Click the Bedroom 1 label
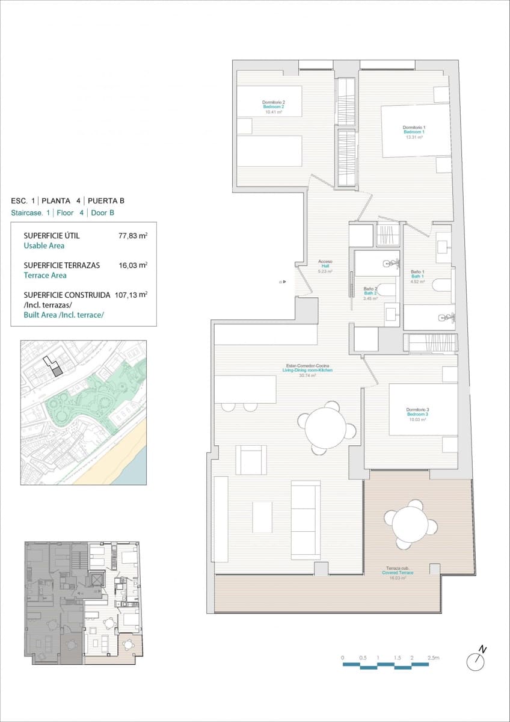pyautogui.click(x=414, y=132)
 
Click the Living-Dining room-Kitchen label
pyautogui.click(x=307, y=370)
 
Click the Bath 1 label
pyautogui.click(x=417, y=276)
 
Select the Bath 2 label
pyautogui.click(x=370, y=293)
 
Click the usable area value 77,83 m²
pyautogui.click(x=133, y=236)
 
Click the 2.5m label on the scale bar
pyautogui.click(x=432, y=658)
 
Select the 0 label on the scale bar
pyautogui.click(x=342, y=658)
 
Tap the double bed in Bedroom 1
pyautogui.click(x=415, y=131)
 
